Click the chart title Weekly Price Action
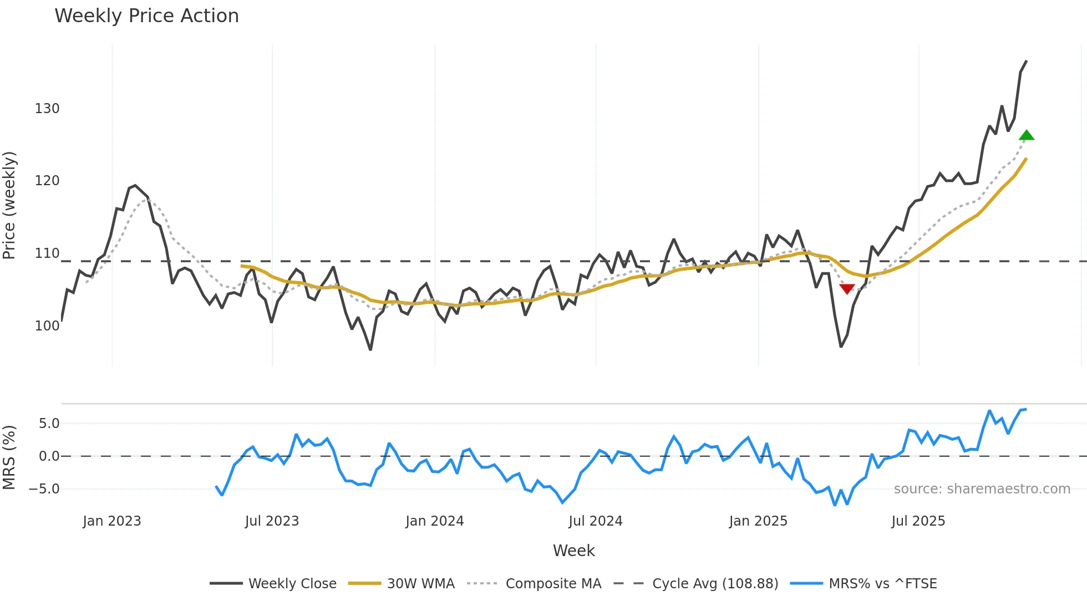click(146, 16)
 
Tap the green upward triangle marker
click(1027, 135)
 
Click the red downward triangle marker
click(847, 288)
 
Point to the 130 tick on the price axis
click(47, 109)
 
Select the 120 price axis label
click(47, 181)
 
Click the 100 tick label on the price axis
click(47, 326)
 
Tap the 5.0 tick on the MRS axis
click(49, 424)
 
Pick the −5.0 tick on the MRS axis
click(44, 489)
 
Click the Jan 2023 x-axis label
click(112, 521)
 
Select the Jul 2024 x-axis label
click(596, 521)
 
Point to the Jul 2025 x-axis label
click(918, 521)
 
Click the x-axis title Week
click(573, 551)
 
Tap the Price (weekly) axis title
click(9, 205)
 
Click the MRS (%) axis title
click(9, 457)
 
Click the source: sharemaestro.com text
click(982, 489)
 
